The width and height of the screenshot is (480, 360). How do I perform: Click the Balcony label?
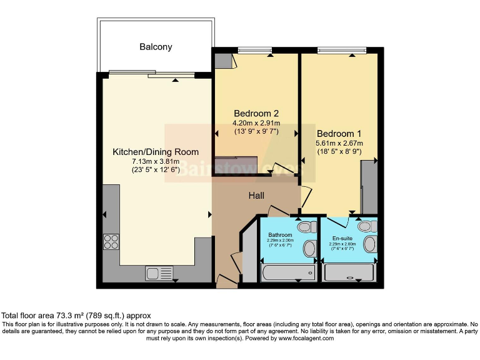pyautogui.click(x=156, y=47)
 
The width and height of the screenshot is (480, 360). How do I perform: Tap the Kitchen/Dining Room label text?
pyautogui.click(x=156, y=152)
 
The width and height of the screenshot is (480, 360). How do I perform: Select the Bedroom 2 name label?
pyautogui.click(x=256, y=113)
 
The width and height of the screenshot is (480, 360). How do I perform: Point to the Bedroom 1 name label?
pyautogui.click(x=339, y=134)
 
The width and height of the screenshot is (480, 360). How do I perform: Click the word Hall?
pyautogui.click(x=256, y=196)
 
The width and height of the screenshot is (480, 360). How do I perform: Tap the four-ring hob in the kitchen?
pyautogui.click(x=111, y=241)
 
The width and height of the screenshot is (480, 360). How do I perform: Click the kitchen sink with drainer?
pyautogui.click(x=159, y=272)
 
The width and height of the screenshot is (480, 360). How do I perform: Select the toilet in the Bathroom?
pyautogui.click(x=306, y=227)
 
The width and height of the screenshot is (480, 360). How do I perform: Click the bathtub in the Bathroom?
pyautogui.click(x=288, y=272)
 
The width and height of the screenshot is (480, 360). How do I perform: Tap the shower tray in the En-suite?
pyautogui.click(x=349, y=273)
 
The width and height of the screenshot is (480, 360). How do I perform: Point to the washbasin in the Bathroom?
pyautogui.click(x=309, y=249)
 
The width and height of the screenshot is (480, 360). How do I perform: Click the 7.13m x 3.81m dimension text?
pyautogui.click(x=156, y=161)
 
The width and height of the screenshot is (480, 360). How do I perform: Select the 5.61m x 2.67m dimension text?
pyautogui.click(x=339, y=144)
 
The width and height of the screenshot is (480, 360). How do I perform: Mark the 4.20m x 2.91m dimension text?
pyautogui.click(x=256, y=123)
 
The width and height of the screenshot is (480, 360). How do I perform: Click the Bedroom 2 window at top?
pyautogui.click(x=254, y=51)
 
